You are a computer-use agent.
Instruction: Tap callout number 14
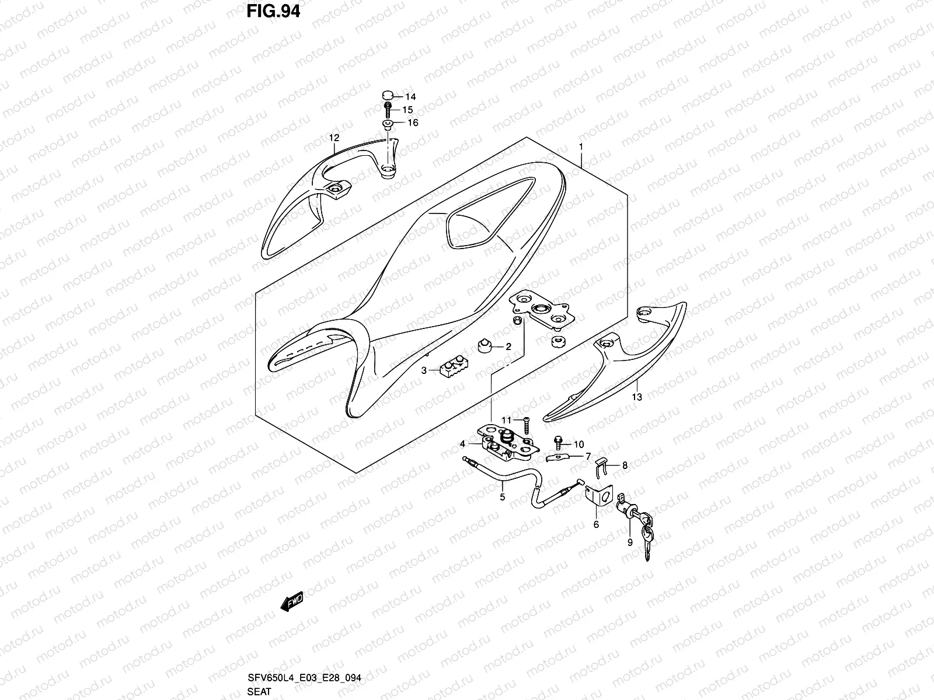click(410, 97)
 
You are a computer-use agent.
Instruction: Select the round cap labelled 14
click(387, 96)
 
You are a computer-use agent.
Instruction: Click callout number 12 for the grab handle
click(334, 138)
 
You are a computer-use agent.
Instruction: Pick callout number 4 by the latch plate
click(462, 444)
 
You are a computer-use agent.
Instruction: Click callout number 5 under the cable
click(502, 498)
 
